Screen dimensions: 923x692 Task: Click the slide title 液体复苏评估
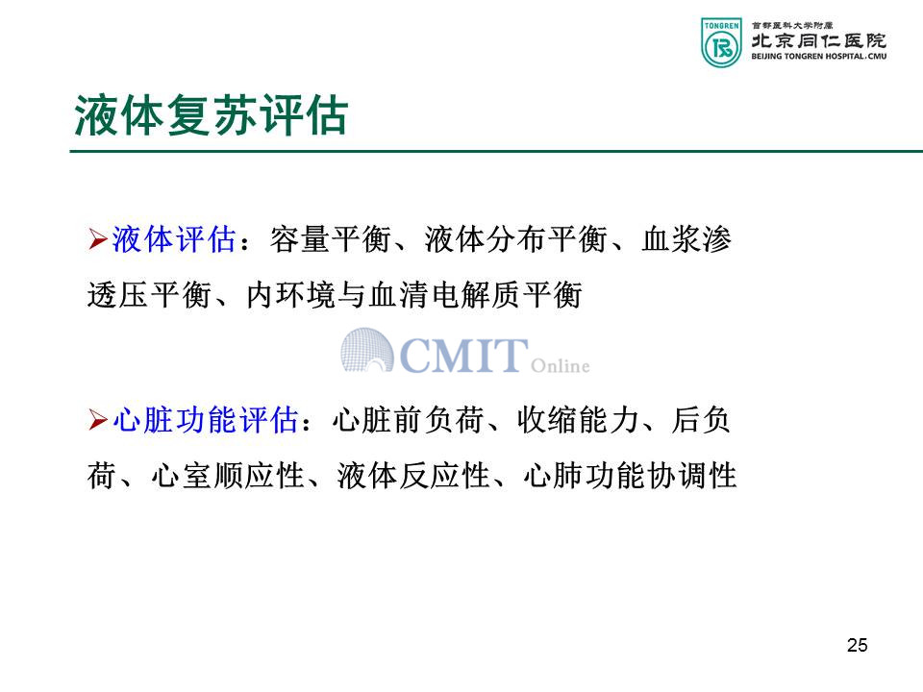pos(211,115)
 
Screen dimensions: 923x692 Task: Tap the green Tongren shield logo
pos(721,42)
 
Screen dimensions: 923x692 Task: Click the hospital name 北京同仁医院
pos(819,40)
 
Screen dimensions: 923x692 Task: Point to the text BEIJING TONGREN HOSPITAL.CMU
pos(819,57)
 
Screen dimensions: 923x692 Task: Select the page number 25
pos(857,645)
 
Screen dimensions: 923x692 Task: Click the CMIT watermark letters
pos(463,356)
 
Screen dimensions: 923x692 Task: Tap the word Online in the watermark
pos(560,365)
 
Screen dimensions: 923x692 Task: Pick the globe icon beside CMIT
pos(367,350)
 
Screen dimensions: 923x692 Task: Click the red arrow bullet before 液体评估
pos(98,239)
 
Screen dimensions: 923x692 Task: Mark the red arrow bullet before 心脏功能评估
pos(98,420)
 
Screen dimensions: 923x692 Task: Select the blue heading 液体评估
pos(174,239)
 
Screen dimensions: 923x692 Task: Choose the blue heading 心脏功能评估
pos(206,420)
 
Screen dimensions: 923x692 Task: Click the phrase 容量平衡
pos(331,239)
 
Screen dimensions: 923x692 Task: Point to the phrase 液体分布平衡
pos(515,239)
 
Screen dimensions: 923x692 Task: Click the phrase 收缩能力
pos(578,420)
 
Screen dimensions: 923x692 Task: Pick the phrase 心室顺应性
pos(227,476)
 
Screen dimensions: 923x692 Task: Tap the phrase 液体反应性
pos(413,476)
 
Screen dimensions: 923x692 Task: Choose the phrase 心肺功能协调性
pos(630,476)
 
